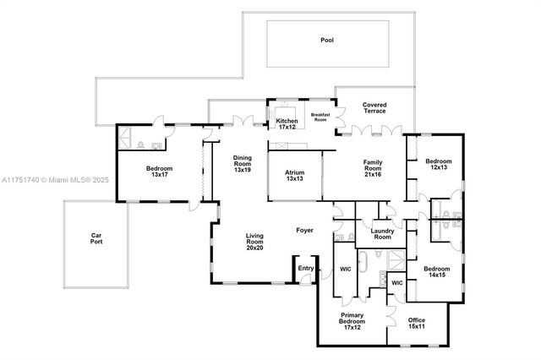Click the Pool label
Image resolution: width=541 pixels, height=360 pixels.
coord(327,40)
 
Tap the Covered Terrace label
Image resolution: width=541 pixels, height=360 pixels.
coord(374,109)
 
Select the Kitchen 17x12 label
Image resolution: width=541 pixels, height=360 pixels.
coord(287,124)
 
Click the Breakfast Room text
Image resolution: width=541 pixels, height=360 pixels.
coord(320,117)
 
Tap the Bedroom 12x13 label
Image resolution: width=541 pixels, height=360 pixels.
coord(438,165)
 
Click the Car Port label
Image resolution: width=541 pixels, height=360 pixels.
coord(96,239)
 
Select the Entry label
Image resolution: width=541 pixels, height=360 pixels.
coord(304,270)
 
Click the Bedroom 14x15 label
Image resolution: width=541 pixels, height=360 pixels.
coord(437,273)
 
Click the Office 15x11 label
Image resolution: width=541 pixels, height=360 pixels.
coord(416,324)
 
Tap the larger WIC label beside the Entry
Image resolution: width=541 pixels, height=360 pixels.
coord(345,270)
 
